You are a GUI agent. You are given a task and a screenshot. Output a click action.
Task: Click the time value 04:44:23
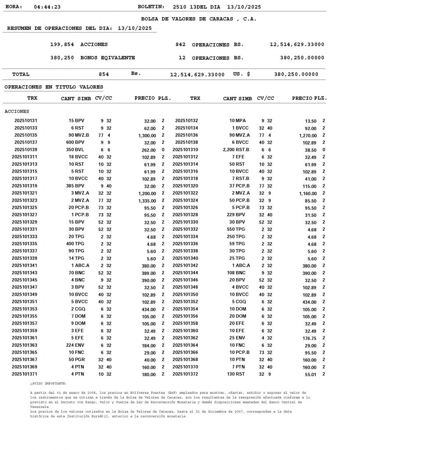[x=47, y=7]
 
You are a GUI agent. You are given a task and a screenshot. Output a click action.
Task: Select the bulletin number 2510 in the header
[x=180, y=7]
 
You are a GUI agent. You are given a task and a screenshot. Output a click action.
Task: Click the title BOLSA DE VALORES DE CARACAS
[x=198, y=19]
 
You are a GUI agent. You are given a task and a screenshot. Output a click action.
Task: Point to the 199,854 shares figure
[x=62, y=45]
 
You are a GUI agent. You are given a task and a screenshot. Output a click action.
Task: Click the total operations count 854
[x=104, y=75]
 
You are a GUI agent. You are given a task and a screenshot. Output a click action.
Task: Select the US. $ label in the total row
[x=242, y=74]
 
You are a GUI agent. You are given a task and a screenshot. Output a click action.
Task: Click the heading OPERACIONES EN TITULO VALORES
[x=54, y=87]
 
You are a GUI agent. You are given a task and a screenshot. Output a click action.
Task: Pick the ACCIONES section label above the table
[x=17, y=112]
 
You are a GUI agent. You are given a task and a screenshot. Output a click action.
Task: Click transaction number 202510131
[x=26, y=120]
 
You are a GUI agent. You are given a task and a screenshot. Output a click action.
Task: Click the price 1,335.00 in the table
[x=147, y=201]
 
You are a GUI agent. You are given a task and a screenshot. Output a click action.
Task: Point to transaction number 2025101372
[x=185, y=374]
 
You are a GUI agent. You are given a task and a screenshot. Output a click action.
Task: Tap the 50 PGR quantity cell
[x=77, y=360]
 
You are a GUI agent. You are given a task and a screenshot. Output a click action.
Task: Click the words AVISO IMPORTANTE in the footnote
[x=49, y=384]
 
